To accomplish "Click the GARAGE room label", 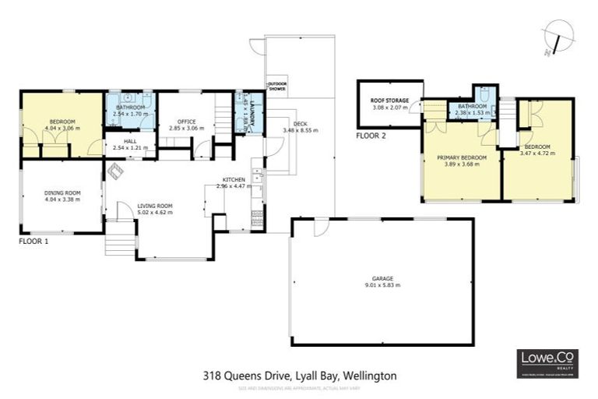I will coord(382,278).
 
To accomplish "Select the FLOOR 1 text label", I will coord(34,242).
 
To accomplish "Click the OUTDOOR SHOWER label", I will coord(276,87).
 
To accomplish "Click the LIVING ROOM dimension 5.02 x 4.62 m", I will coord(154,213).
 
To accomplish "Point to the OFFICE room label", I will coord(187,122).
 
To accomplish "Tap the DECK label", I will coord(301,124).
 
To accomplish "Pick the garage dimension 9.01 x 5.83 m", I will coord(382,285).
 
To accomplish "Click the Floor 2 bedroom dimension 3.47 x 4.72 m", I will coord(537,154).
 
